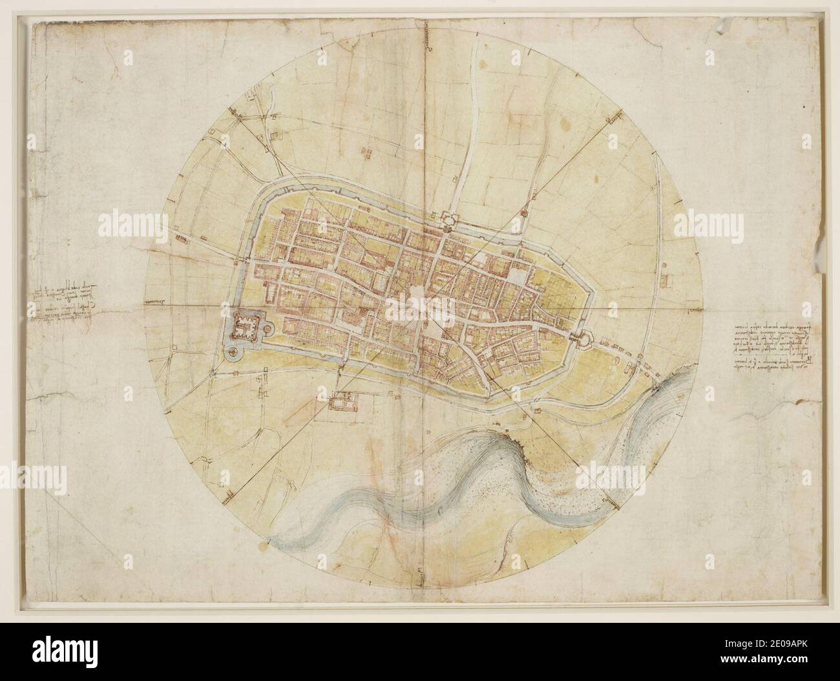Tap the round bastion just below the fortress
tap(231, 352)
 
